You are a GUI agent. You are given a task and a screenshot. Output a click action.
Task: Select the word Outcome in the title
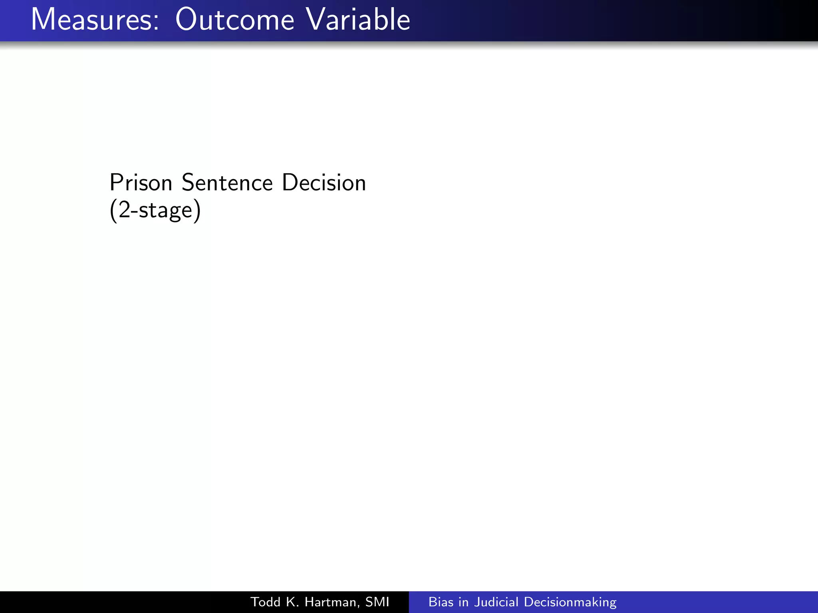pos(234,20)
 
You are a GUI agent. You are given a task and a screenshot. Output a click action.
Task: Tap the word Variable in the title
pos(358,20)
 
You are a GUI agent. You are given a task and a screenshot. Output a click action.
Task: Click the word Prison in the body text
pos(141,183)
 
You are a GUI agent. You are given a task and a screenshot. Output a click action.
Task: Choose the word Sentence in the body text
pos(227,183)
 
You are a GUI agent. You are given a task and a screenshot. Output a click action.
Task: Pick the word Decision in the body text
pos(324,183)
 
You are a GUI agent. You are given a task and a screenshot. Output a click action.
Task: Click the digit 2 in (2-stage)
pos(125,210)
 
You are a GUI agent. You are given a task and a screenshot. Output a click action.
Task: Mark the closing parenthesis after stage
pos(197,211)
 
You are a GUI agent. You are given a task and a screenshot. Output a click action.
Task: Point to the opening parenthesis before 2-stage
pos(113,211)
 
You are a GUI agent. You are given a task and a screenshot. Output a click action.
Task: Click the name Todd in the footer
pos(265,602)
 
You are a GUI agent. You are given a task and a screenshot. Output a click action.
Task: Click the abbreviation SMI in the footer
pos(377,602)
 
